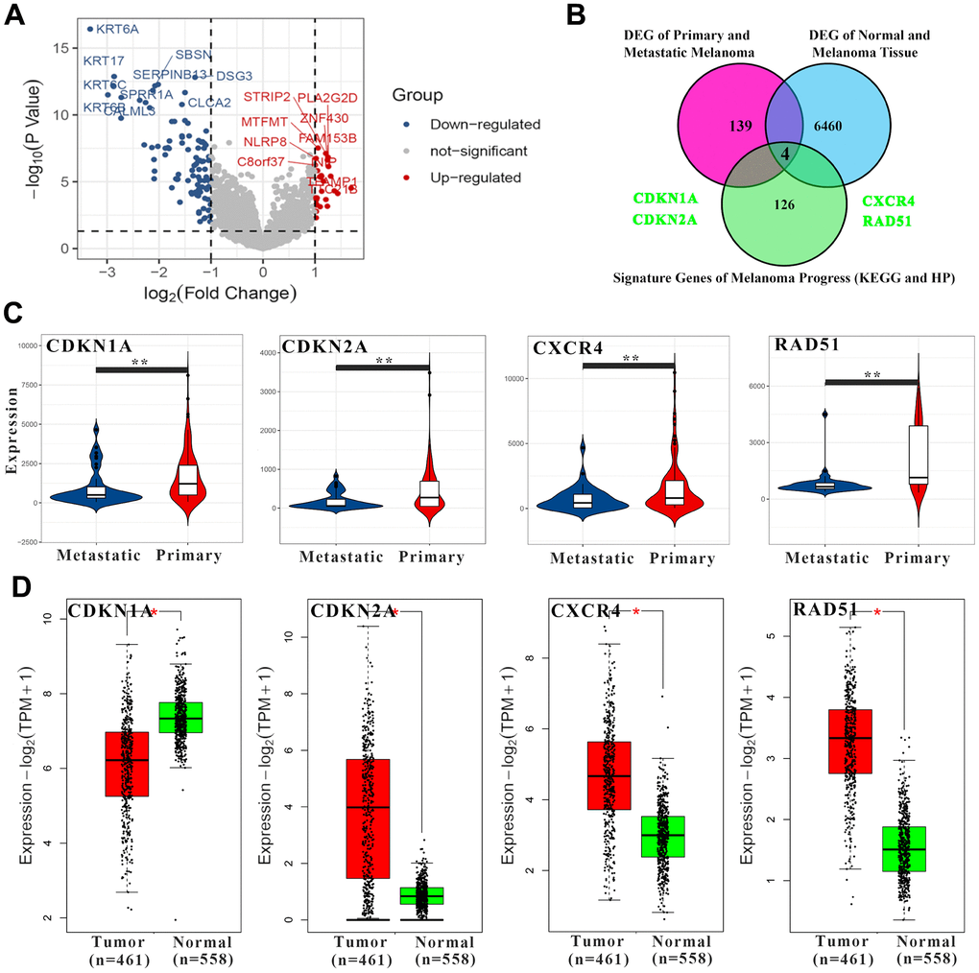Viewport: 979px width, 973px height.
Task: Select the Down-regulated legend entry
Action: [486, 124]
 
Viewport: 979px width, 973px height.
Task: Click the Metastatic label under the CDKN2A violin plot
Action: [339, 557]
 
